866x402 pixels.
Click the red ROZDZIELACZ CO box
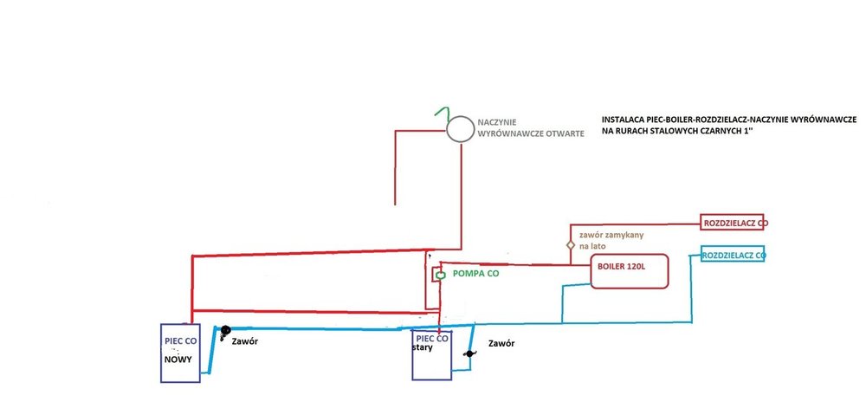[x=734, y=223]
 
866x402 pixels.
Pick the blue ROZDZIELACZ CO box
[x=733, y=256]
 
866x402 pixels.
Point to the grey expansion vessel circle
[x=459, y=129]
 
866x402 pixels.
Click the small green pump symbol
[x=440, y=275]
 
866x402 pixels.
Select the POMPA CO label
[x=476, y=274]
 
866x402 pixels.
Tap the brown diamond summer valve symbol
[x=569, y=245]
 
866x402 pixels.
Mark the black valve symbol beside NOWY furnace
[x=223, y=330]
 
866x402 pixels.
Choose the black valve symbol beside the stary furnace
[x=469, y=353]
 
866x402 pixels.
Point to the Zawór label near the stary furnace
[x=501, y=343]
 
